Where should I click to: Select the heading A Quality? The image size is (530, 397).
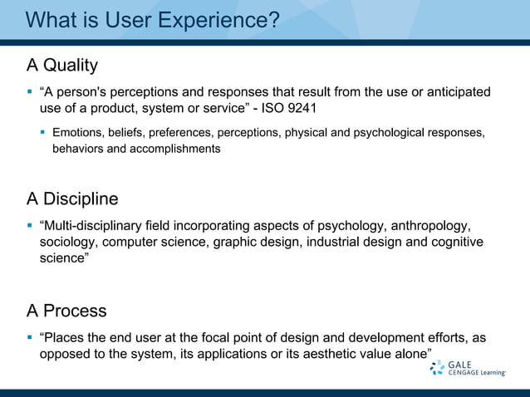tap(62, 65)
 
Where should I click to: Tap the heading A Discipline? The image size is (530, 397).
tap(72, 199)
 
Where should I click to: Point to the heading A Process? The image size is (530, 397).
tap(66, 311)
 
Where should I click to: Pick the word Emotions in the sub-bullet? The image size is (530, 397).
tap(78, 133)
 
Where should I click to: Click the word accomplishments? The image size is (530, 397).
tap(174, 149)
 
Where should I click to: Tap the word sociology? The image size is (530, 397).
tap(70, 243)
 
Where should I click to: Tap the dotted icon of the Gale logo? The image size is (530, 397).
tap(437, 368)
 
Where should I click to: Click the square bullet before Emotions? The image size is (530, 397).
tap(42, 133)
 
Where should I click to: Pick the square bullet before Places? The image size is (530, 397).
tap(30, 338)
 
